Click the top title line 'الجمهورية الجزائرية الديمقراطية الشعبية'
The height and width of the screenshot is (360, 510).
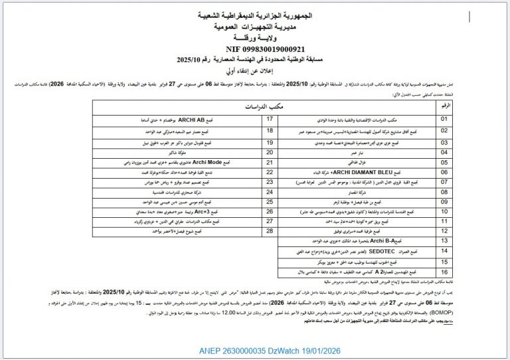click(256, 13)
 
